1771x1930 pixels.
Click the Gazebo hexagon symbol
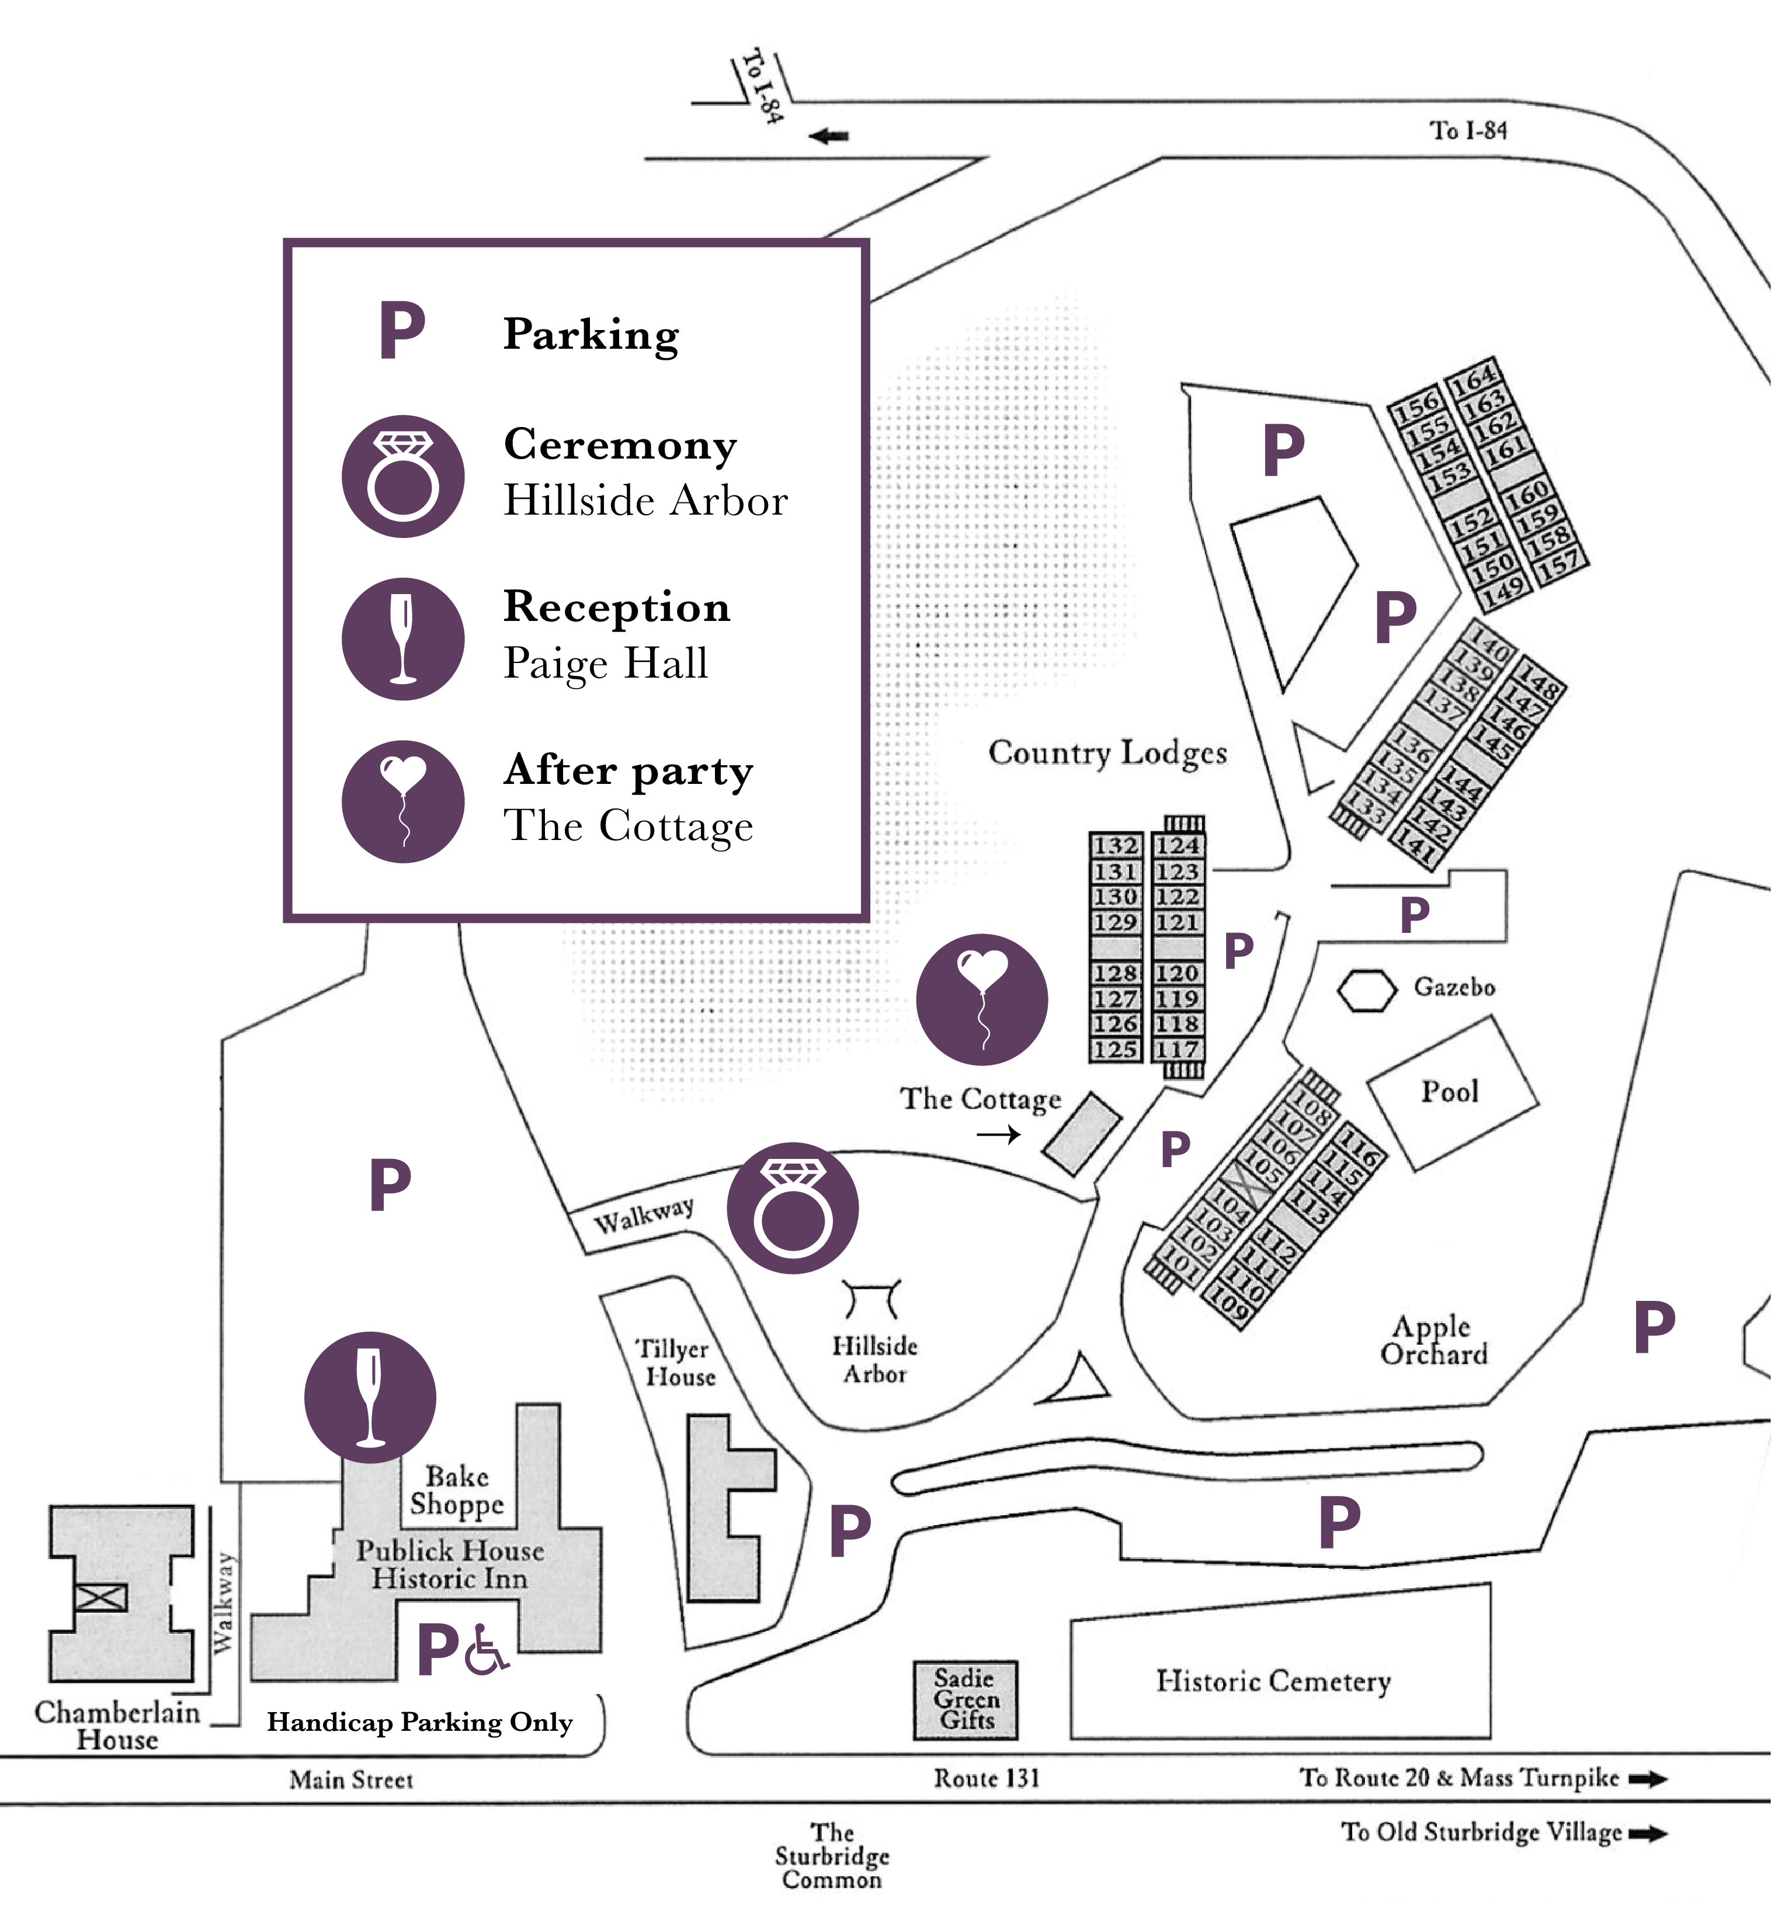[1367, 990]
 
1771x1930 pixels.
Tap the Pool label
[1449, 1092]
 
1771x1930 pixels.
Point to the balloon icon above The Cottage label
[981, 999]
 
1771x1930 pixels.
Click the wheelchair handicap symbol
[486, 1649]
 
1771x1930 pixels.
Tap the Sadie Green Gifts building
[965, 1700]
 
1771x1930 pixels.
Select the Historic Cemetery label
[1273, 1681]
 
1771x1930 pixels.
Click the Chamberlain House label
[117, 1725]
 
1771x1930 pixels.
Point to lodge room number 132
[1116, 845]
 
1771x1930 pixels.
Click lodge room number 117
[1177, 1049]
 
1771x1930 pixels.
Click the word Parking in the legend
[591, 335]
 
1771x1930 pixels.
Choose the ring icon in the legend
[404, 475]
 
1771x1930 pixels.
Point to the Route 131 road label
[986, 1779]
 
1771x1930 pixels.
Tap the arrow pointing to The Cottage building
[999, 1134]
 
